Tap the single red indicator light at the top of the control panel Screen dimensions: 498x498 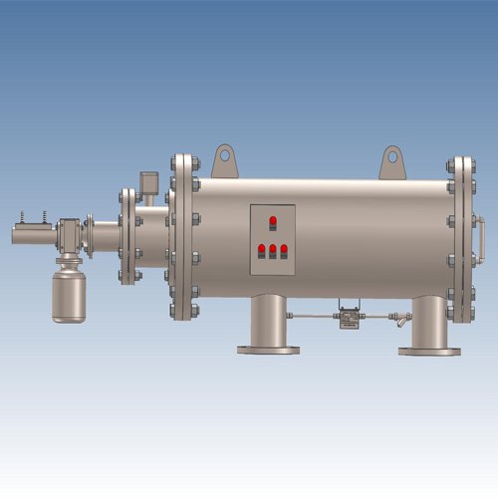pos(273,222)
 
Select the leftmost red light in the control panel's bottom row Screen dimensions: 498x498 pos(262,250)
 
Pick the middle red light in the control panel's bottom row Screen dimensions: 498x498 pos(273,250)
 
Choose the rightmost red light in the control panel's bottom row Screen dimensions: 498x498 pos(284,250)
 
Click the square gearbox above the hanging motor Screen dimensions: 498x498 pos(68,237)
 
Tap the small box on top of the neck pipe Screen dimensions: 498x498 pos(149,184)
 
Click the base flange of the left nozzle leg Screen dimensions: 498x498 pos(269,350)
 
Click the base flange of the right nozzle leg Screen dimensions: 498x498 pos(429,351)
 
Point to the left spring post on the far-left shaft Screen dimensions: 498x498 pos(21,218)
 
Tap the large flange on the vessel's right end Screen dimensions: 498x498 pos(460,239)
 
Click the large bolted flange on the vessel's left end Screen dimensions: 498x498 pos(183,237)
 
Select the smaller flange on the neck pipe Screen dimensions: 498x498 pos(127,236)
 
